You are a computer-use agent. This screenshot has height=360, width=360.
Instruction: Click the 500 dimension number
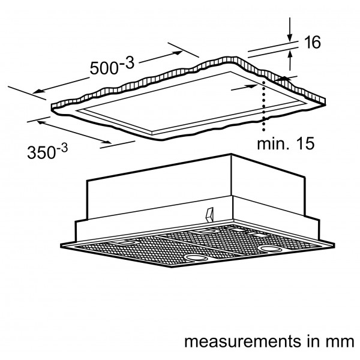(x=104, y=68)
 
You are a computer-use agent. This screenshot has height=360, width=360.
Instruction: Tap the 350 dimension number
(x=41, y=152)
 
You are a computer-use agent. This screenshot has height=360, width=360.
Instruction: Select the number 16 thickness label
(x=312, y=42)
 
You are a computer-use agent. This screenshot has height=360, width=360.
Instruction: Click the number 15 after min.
(x=305, y=144)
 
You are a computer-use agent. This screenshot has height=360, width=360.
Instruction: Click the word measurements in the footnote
(x=242, y=341)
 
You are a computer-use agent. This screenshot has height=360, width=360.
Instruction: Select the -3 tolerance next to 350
(x=62, y=148)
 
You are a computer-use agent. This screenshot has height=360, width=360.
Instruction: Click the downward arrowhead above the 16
(x=290, y=37)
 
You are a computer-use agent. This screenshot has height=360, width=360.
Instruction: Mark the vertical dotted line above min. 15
(x=264, y=106)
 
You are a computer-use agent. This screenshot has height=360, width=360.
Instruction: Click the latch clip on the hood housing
(x=210, y=214)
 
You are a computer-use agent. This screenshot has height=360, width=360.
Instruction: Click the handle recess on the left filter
(x=125, y=242)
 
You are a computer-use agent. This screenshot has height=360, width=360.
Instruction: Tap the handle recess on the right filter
(x=204, y=231)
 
